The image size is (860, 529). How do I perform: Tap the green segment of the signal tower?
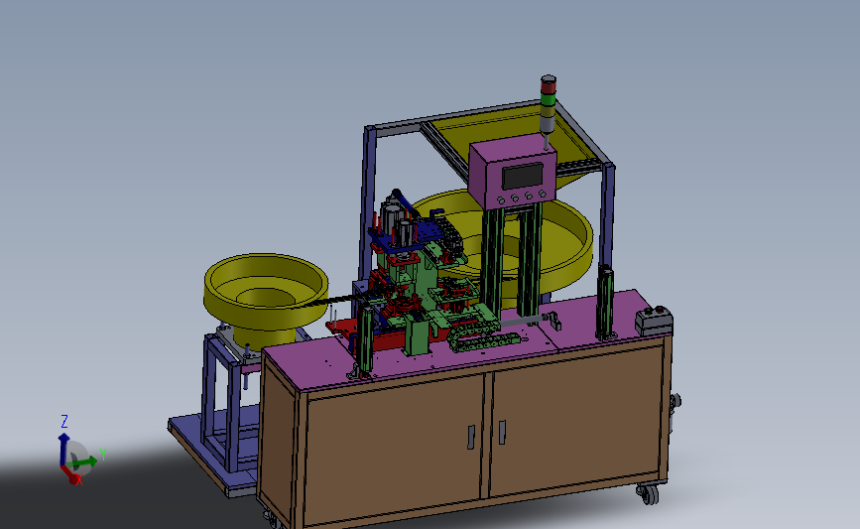pyautogui.click(x=548, y=99)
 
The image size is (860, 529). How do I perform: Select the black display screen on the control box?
pyautogui.click(x=523, y=176)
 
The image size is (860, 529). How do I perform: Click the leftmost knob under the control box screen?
pyautogui.click(x=500, y=200)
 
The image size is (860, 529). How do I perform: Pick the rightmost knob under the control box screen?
pyautogui.click(x=542, y=194)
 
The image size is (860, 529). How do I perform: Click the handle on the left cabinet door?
pyautogui.click(x=470, y=438)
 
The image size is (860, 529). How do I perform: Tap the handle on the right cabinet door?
pyautogui.click(x=502, y=432)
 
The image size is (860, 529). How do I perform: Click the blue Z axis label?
pyautogui.click(x=64, y=422)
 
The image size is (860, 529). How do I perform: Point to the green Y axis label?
pyautogui.click(x=102, y=455)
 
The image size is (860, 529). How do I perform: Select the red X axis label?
pyautogui.click(x=79, y=479)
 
